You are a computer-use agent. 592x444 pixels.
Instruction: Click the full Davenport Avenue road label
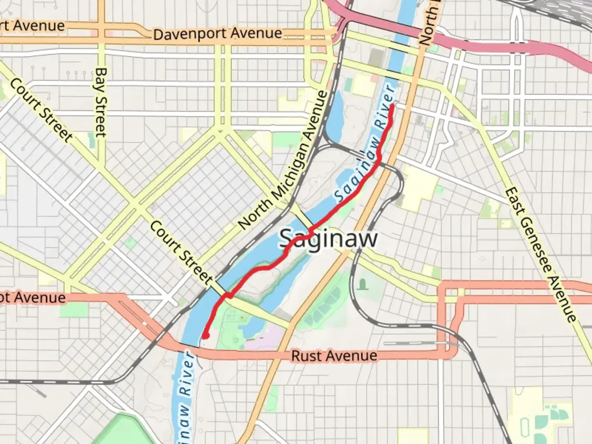point(217,34)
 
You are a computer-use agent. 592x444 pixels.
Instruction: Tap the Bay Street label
point(101,102)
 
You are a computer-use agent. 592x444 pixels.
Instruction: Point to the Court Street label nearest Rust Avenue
point(181,252)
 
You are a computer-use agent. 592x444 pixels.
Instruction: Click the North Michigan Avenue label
point(284,160)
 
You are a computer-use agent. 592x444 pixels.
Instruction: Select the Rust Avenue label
point(334,356)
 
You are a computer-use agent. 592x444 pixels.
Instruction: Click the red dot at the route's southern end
point(205,336)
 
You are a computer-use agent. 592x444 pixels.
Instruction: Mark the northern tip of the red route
point(392,106)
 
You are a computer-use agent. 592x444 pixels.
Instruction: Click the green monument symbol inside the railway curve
point(363,284)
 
